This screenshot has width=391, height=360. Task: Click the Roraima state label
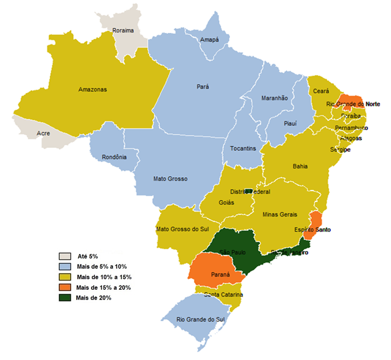[x=124, y=31]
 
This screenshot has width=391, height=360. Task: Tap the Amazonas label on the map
[x=93, y=89]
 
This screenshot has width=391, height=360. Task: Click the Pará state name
[x=203, y=86]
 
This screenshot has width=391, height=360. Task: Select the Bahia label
[x=300, y=166]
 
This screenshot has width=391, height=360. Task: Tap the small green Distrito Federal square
[x=249, y=191]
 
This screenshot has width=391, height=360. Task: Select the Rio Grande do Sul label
[x=199, y=320]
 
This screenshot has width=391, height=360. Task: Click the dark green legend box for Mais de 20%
[x=65, y=298]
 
